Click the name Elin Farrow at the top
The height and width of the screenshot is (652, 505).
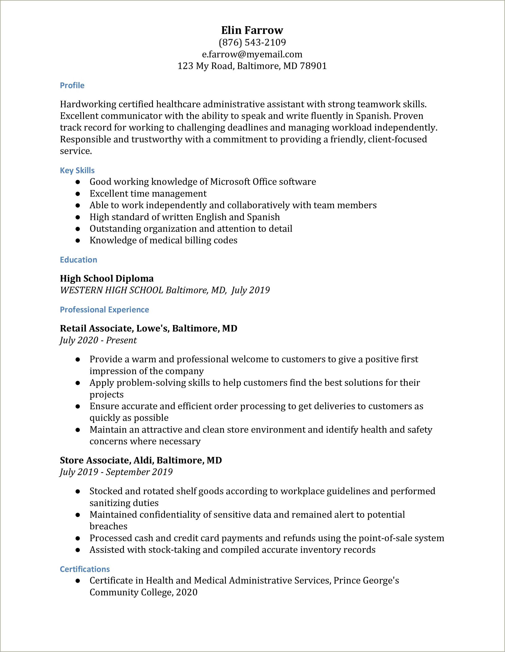(252, 30)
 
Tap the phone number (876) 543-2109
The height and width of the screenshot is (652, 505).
(252, 42)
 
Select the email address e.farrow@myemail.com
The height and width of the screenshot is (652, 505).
(252, 54)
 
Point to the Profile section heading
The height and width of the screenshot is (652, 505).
(72, 85)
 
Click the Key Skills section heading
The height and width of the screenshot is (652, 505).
(77, 170)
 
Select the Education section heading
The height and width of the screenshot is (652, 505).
(78, 260)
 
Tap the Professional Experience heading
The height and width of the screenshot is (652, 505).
(104, 310)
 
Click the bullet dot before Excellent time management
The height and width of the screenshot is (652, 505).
(78, 194)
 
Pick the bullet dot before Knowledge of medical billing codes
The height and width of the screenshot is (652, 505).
(78, 241)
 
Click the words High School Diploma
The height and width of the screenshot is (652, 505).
(107, 278)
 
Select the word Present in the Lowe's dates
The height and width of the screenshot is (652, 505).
(121, 340)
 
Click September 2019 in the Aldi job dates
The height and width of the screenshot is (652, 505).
(139, 472)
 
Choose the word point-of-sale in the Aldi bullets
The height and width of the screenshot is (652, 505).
(384, 538)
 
